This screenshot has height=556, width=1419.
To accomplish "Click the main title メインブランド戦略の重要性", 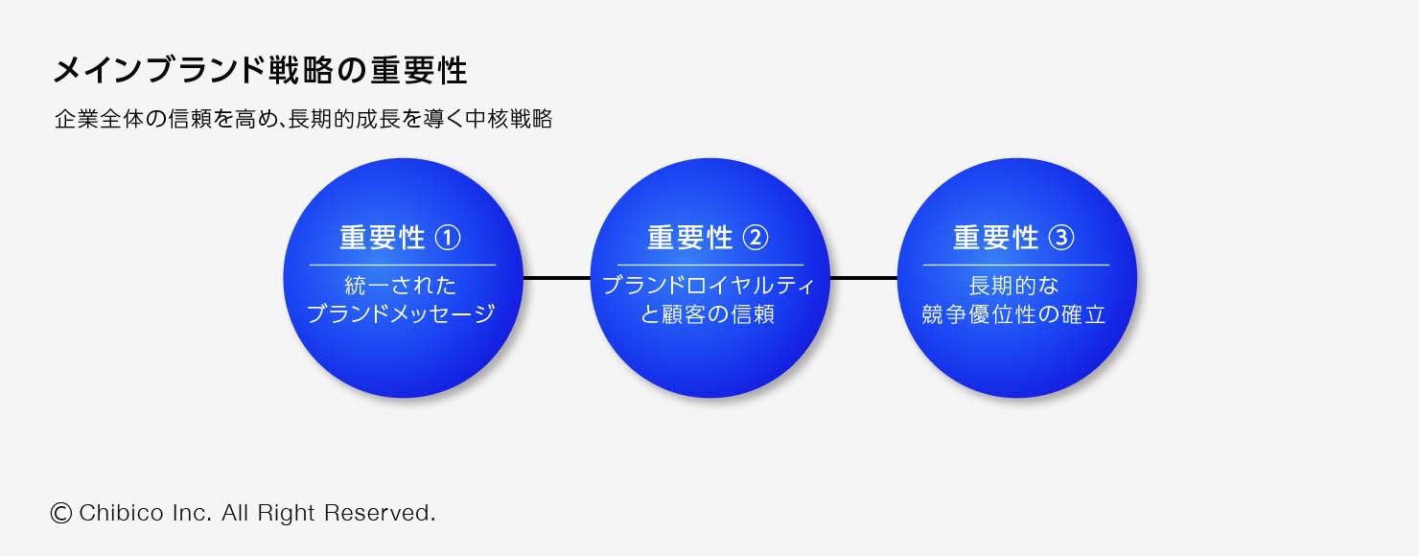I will point(260,71).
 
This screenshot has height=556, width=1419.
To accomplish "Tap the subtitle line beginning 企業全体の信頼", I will point(303,120).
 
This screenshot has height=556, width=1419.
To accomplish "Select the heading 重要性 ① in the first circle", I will point(401,238).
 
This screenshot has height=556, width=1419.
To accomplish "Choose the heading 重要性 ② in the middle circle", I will point(709,238).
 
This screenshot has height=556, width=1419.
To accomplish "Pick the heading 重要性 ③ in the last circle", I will point(1014,238).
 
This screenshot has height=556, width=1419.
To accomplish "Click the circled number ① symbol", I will point(448,238).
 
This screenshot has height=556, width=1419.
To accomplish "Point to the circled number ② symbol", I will point(756,238).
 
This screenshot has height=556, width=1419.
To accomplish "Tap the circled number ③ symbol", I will point(1061,238).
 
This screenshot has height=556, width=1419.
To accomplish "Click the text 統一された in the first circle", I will point(401,286).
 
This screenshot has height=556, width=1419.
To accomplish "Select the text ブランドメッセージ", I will point(401,313).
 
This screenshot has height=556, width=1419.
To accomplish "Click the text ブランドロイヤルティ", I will point(709,286).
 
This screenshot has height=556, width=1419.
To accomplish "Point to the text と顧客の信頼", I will point(709,313).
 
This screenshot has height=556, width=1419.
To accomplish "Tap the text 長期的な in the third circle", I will point(1014,286).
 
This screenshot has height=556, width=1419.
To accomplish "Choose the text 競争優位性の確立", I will point(1014,313).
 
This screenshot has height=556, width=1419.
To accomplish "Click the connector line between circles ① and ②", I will point(556,278).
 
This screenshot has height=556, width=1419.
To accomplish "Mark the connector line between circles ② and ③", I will point(863,278).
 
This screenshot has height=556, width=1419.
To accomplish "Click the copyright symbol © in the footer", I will point(61,513).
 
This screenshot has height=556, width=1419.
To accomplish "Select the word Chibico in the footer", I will point(119,513).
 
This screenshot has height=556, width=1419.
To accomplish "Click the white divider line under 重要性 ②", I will point(709,265).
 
